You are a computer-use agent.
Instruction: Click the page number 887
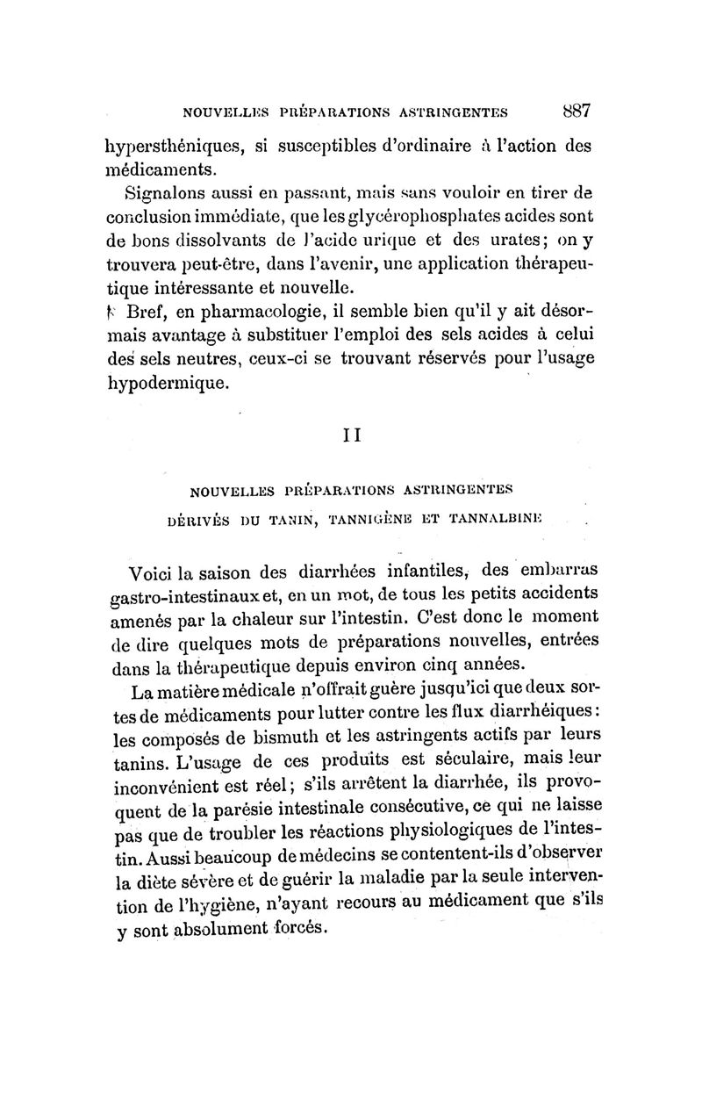coord(577,112)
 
